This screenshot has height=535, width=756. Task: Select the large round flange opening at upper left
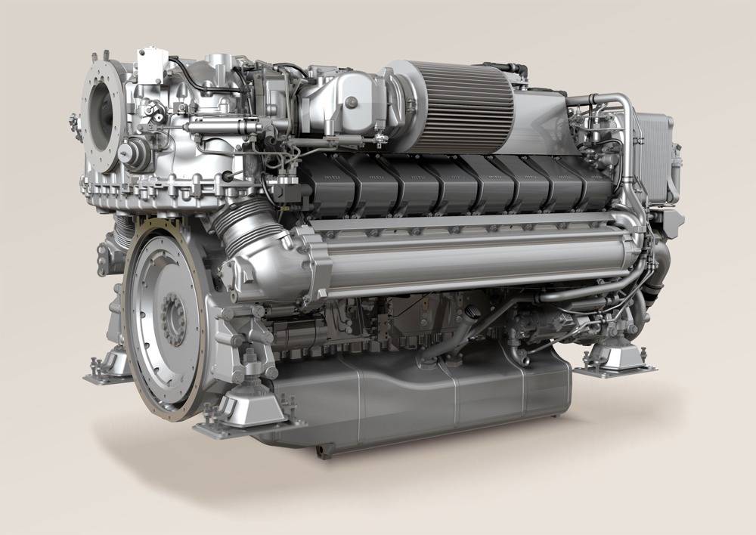(102, 115)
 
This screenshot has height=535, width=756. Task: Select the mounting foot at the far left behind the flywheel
(106, 367)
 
